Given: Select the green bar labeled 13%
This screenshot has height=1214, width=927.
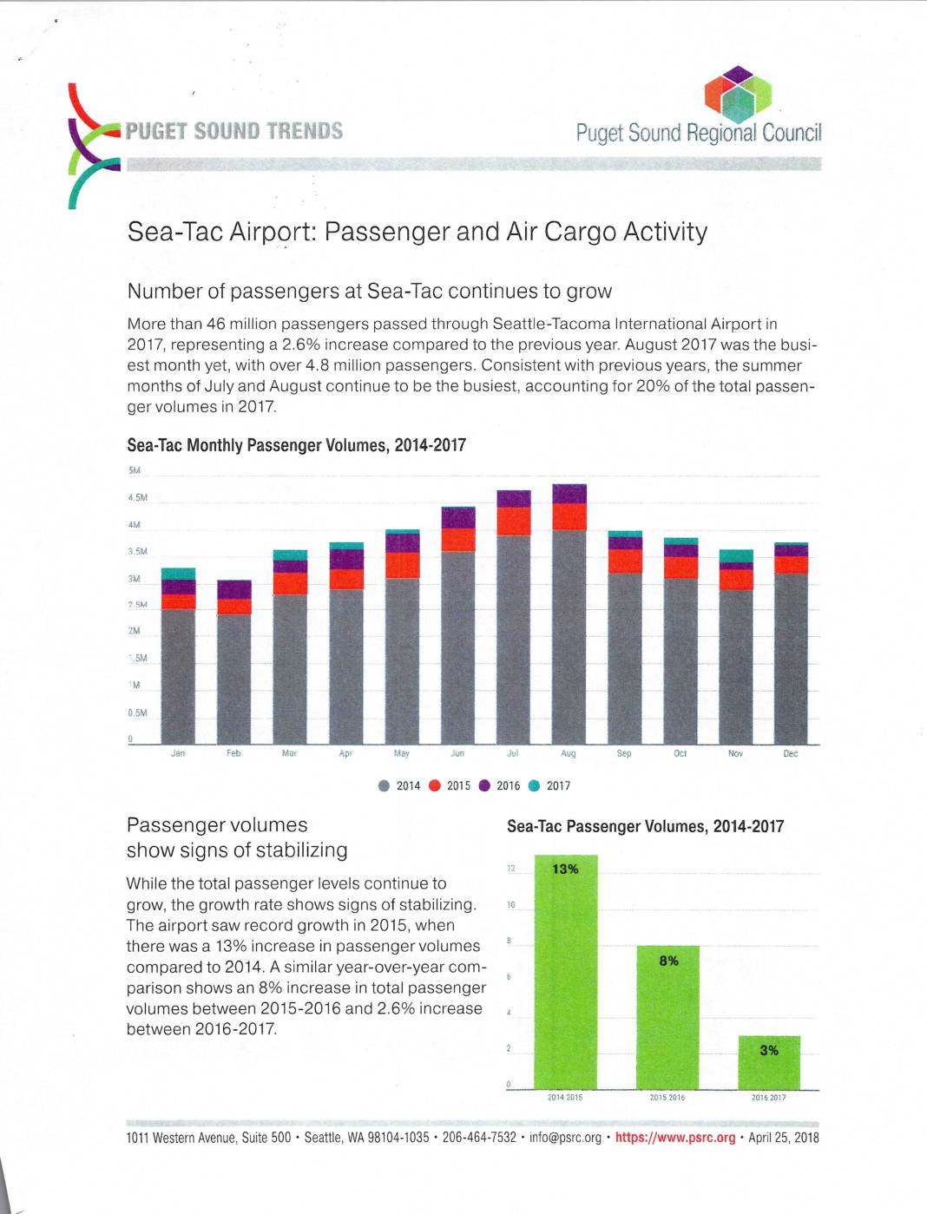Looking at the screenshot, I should click(566, 972).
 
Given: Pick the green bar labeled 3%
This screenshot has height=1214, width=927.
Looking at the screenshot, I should click(769, 1062).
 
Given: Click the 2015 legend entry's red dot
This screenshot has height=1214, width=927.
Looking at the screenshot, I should click(435, 786).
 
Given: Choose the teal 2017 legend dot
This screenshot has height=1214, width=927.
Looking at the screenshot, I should click(535, 786).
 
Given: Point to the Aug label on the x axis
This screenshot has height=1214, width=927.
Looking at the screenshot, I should click(569, 754).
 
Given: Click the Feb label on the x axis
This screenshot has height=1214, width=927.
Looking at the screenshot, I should click(233, 753).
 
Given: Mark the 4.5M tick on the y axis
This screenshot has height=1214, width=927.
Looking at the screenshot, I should click(138, 498).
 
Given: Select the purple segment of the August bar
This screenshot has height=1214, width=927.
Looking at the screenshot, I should click(569, 494).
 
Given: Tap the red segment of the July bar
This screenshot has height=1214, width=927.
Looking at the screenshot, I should click(514, 521).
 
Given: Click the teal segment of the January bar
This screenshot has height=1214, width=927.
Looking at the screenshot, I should click(178, 574).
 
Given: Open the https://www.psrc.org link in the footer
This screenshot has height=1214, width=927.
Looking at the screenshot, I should click(674, 1138).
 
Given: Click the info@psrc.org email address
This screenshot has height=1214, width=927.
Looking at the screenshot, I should click(565, 1138).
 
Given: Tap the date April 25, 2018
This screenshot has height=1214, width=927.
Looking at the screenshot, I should click(783, 1138).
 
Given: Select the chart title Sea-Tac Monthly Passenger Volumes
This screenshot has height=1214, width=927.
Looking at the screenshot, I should click(296, 445).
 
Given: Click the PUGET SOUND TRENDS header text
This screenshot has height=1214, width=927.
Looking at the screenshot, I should click(233, 131).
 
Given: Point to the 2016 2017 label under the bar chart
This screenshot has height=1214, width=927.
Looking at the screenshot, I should click(768, 1098).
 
